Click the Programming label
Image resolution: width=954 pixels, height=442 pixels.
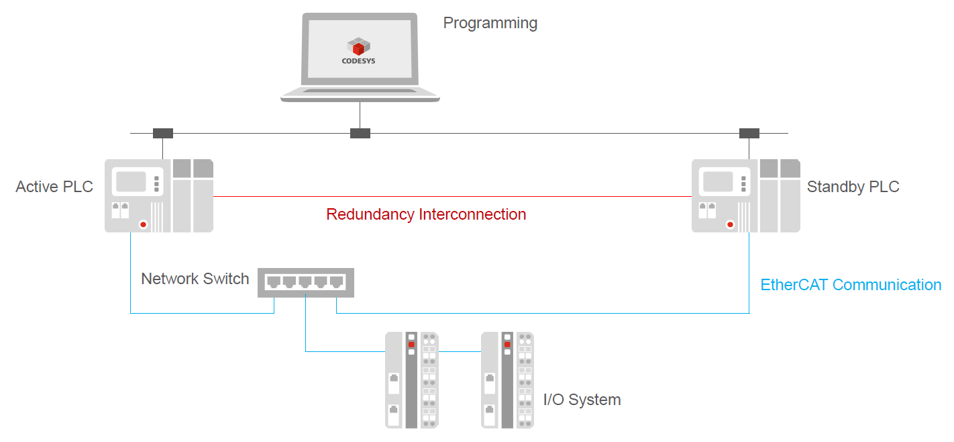coord(490,24)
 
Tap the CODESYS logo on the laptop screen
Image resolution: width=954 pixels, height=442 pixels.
coord(358,51)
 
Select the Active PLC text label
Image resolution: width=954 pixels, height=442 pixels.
coord(54,187)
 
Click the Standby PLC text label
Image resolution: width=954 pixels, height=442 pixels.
coord(853,187)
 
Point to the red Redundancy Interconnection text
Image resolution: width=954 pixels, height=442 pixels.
coord(426,214)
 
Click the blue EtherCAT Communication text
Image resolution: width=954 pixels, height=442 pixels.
coord(851,285)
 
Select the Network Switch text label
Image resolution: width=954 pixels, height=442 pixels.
coord(195,279)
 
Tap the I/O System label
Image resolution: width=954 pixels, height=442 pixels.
coord(582,400)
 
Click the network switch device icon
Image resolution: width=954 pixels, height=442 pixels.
coord(305,283)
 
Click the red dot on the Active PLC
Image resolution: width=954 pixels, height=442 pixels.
coord(142,224)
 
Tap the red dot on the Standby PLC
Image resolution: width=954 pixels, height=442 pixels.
coord(730,224)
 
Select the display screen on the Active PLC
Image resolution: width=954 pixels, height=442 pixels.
coord(131,182)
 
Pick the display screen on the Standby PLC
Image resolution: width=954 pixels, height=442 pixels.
coord(718,182)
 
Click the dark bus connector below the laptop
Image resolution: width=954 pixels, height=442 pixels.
coord(360,133)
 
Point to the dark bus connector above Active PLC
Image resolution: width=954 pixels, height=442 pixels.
coord(162,133)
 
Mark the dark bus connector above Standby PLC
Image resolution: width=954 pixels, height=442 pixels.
coord(749,133)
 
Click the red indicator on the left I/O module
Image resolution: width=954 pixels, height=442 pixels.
coord(411,345)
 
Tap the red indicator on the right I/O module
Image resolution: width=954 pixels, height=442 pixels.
coord(507,345)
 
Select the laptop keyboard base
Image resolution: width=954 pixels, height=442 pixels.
coord(360,95)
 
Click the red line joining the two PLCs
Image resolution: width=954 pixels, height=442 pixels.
coord(452,197)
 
